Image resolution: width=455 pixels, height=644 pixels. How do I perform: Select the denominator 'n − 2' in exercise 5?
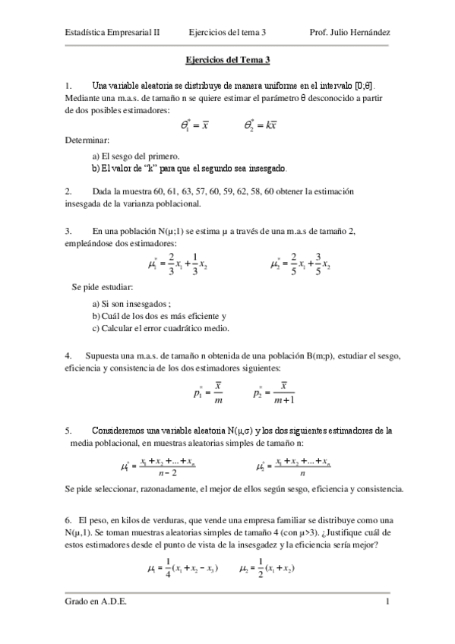(x=179, y=472)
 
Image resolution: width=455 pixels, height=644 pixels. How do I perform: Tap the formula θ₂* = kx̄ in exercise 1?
(x=261, y=125)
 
